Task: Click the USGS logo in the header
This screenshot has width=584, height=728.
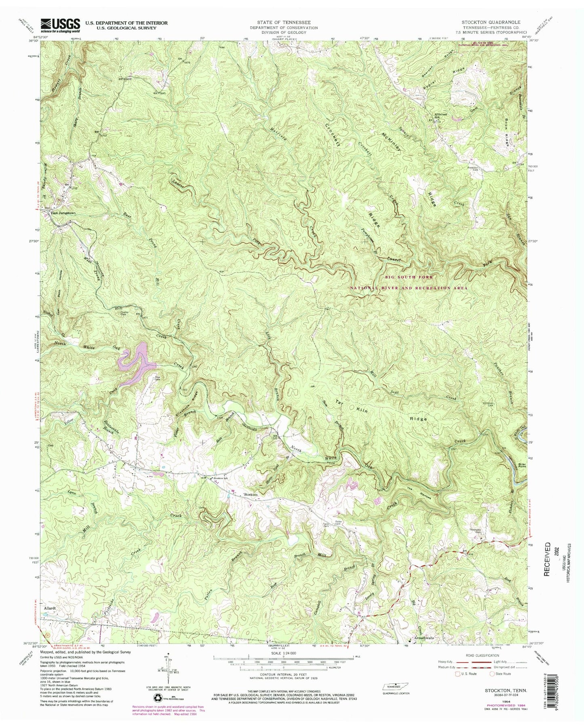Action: pos(59,25)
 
